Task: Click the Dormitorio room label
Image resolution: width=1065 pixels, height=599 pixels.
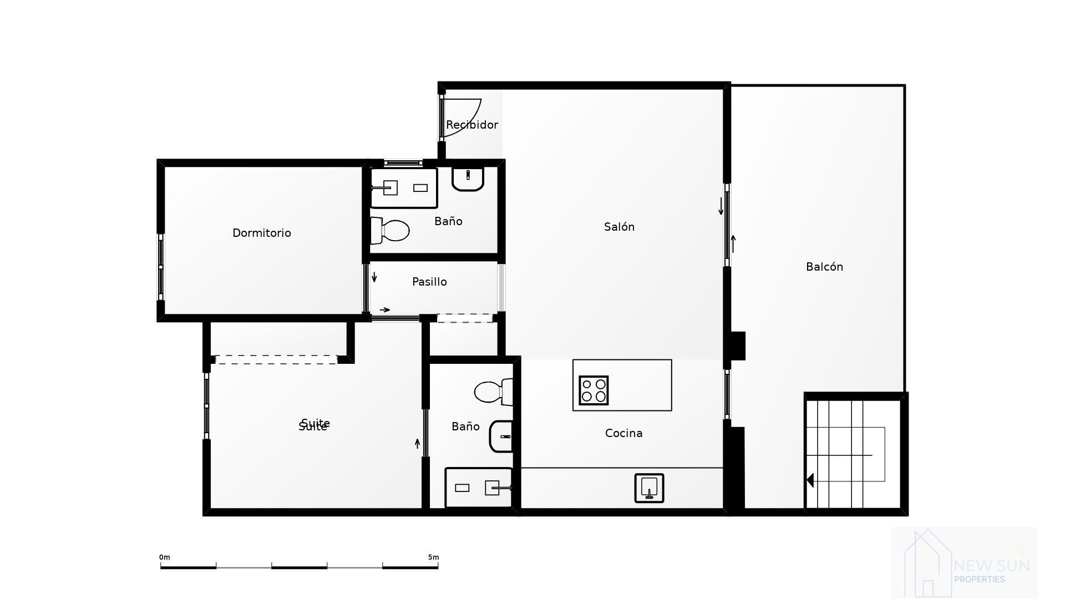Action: click(x=261, y=233)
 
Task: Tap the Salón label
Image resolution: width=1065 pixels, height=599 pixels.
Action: click(x=619, y=227)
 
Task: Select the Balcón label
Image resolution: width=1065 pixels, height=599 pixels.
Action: click(x=824, y=267)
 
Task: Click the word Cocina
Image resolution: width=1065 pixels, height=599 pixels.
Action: click(x=623, y=433)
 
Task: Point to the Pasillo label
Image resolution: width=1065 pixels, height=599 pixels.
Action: click(x=429, y=282)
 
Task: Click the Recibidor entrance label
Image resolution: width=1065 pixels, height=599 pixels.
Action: click(x=471, y=125)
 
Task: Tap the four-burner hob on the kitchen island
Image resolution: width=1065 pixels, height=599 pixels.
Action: click(x=594, y=390)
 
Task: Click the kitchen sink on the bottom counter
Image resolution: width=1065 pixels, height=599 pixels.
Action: click(x=649, y=488)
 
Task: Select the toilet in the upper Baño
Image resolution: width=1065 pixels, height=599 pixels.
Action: click(x=390, y=230)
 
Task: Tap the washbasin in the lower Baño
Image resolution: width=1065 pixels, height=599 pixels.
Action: click(x=501, y=436)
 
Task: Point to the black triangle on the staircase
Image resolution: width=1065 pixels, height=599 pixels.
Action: click(x=810, y=480)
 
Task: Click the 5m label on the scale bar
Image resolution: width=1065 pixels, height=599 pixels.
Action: click(x=433, y=557)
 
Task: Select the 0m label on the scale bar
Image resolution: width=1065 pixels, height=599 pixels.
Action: click(x=164, y=557)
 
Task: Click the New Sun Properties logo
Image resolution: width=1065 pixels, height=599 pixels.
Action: click(x=964, y=562)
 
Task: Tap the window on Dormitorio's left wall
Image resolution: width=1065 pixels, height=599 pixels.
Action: click(x=161, y=267)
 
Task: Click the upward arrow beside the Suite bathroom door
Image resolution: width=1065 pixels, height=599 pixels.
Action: click(x=418, y=444)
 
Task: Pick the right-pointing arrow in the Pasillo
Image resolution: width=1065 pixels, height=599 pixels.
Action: click(x=384, y=309)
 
